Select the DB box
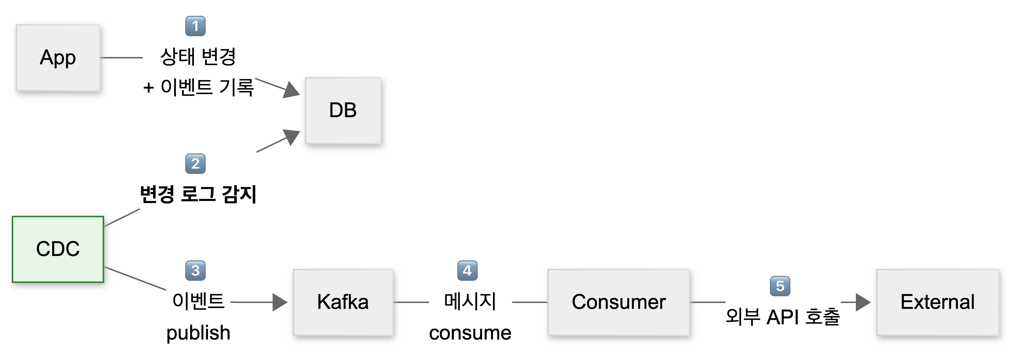pos(343,110)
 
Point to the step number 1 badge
pos(195,26)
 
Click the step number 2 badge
pos(195,164)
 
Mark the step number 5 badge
pos(780,286)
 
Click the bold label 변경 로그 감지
pos(198,194)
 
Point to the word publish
pos(198,333)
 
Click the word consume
pos(470,333)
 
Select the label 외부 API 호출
pos(783,317)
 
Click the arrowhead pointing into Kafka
pos(280,302)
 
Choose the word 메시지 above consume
pos(470,302)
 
